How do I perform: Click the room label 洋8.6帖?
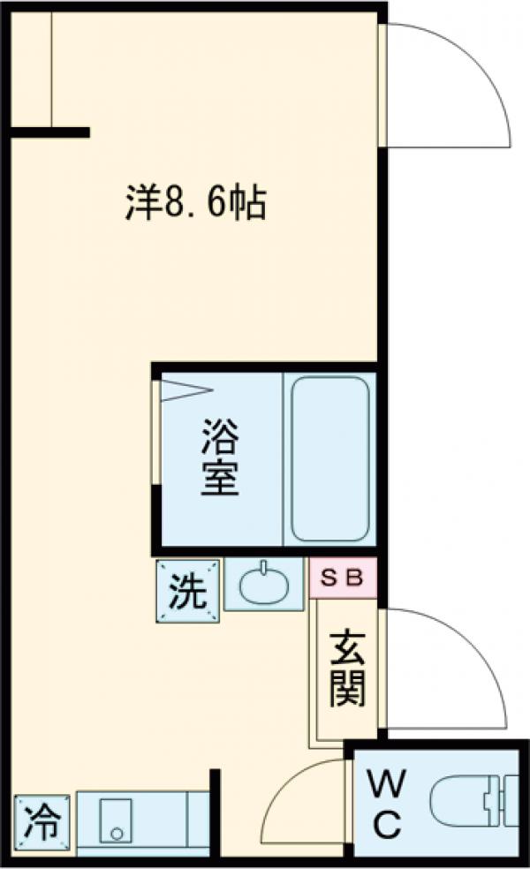(193, 204)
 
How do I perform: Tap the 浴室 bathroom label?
(218, 457)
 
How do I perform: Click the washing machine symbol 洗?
(187, 589)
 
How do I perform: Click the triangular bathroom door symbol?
(185, 390)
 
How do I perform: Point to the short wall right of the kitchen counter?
(214, 812)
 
